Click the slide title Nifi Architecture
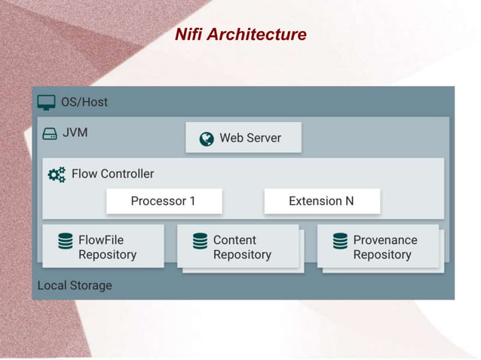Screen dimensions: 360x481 (240, 35)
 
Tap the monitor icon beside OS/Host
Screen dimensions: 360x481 (47, 102)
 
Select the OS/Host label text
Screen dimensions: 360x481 (84, 102)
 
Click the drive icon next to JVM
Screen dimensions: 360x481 (50, 133)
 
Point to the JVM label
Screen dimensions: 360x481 (75, 133)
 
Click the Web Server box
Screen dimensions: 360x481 (244, 138)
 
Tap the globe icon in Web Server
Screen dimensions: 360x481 (206, 139)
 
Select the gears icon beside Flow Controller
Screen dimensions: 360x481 (57, 175)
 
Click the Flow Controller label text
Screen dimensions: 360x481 (112, 174)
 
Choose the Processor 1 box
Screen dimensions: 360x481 (164, 201)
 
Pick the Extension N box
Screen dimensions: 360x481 (321, 201)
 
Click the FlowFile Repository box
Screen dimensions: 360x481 (103, 246)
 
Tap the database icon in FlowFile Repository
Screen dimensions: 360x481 (66, 241)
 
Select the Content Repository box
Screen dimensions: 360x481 (238, 247)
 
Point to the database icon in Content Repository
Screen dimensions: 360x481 (200, 241)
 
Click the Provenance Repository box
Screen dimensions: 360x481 (378, 247)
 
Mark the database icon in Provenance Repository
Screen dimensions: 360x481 (340, 241)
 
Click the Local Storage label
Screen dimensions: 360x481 (75, 285)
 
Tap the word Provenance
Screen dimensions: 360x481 (384, 240)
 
